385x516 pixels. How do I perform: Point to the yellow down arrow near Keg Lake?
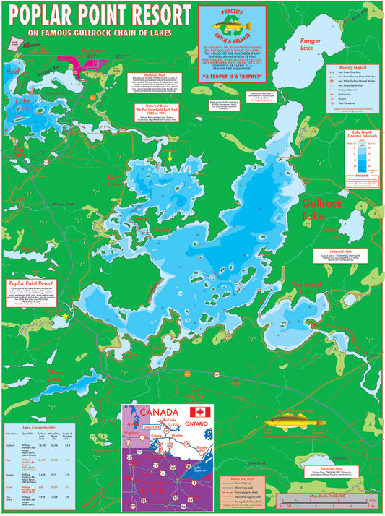click(170, 157)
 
